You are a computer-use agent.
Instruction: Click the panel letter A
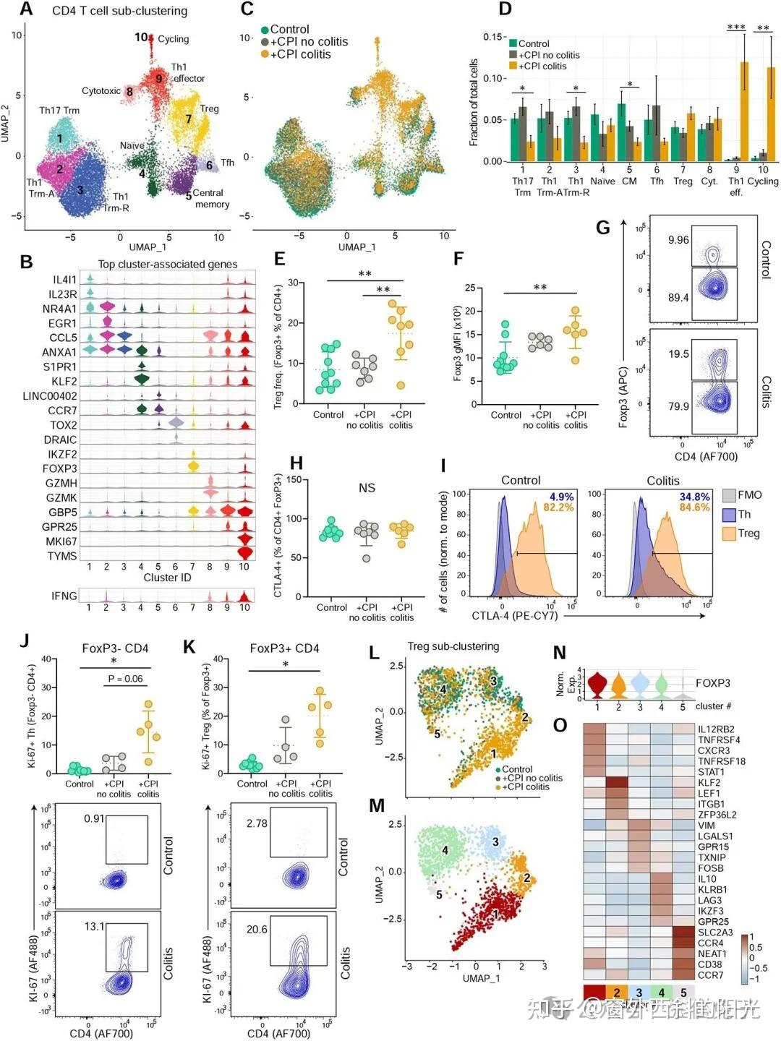pos(26,9)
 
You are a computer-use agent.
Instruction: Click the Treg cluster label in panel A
pos(209,109)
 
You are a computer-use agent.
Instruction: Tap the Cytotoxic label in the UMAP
pos(101,91)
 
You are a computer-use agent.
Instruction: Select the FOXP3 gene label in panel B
pos(59,468)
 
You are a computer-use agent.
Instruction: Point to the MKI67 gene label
pos(61,541)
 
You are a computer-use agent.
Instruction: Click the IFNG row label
pos(64,596)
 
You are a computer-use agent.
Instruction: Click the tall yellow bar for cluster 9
pos(744,108)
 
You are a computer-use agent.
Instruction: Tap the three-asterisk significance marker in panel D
pos(736,27)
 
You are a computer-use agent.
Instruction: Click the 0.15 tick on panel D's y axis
pos(493,37)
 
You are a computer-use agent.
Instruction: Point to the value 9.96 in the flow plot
pos(678,240)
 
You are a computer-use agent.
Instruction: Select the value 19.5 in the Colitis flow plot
pos(678,354)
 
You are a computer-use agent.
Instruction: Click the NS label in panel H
pos(367,488)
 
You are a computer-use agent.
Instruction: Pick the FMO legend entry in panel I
pos(749,495)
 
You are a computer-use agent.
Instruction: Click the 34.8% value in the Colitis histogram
pos(694,497)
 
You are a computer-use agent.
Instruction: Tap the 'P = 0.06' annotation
pos(125,679)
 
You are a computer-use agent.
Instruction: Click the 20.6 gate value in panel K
pos(257,929)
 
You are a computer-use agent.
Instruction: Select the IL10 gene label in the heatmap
pos(707,879)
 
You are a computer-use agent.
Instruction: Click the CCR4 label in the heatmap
pos(710,943)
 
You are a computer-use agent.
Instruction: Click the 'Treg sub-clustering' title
pos(453,646)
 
